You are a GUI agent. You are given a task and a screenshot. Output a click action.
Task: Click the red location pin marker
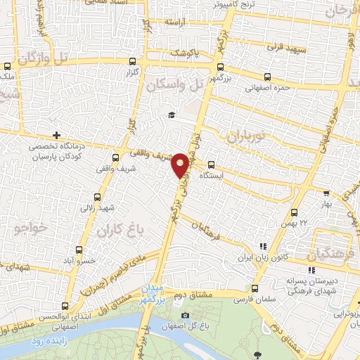point(181,165)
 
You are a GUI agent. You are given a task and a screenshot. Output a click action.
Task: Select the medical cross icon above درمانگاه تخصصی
point(56,135)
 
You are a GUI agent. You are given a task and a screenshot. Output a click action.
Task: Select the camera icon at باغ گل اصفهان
point(185,314)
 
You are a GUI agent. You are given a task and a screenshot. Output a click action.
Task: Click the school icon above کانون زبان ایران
point(263,247)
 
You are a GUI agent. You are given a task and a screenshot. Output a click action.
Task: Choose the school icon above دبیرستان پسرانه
point(311,269)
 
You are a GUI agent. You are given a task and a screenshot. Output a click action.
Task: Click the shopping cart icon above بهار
point(325,193)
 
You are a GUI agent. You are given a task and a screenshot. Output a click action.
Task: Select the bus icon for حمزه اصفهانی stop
point(266,77)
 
